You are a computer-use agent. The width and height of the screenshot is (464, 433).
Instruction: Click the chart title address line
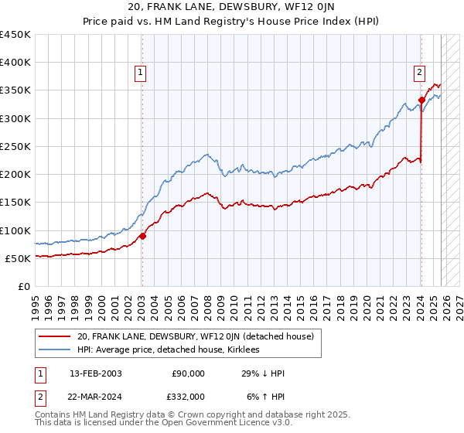tap(232, 9)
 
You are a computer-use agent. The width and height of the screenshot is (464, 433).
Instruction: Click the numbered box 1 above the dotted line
tap(142, 73)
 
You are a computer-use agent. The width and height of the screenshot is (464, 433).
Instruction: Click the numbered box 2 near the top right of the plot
tap(419, 73)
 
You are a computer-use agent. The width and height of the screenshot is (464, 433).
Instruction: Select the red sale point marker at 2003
tap(142, 236)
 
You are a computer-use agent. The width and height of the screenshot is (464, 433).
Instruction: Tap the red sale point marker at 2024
tap(421, 100)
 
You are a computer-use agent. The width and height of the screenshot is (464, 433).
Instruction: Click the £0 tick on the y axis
tap(23, 286)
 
